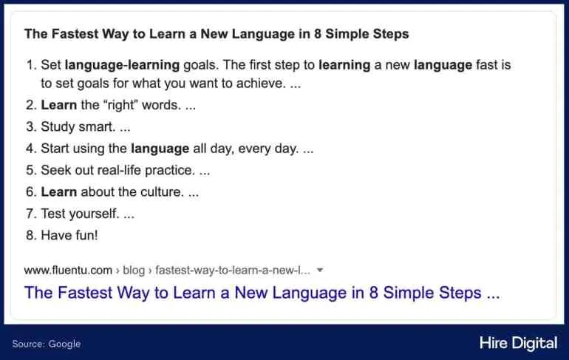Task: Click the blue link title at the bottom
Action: pyautogui.click(x=262, y=293)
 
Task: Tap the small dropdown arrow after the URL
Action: pyautogui.click(x=320, y=270)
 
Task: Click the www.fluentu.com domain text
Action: pyautogui.click(x=68, y=271)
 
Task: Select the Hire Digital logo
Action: pyautogui.click(x=518, y=343)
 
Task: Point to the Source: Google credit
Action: pyautogui.click(x=47, y=344)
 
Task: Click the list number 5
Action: pyautogui.click(x=30, y=170)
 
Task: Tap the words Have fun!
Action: pyautogui.click(x=69, y=235)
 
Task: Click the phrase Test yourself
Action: pyautogui.click(x=80, y=214)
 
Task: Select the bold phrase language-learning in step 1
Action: pyautogui.click(x=122, y=65)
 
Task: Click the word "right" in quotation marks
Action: pyautogui.click(x=120, y=105)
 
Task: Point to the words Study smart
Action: pyautogui.click(x=78, y=127)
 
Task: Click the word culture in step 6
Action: pyautogui.click(x=162, y=191)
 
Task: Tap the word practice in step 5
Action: pyautogui.click(x=170, y=170)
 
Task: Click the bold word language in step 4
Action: pyautogui.click(x=160, y=149)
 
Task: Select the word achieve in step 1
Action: pyautogui.click(x=261, y=84)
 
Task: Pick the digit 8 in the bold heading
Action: pyautogui.click(x=318, y=34)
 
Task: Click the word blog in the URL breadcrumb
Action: pyautogui.click(x=134, y=271)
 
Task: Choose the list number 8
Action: pyautogui.click(x=30, y=235)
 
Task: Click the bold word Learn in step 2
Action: pyautogui.click(x=59, y=105)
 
